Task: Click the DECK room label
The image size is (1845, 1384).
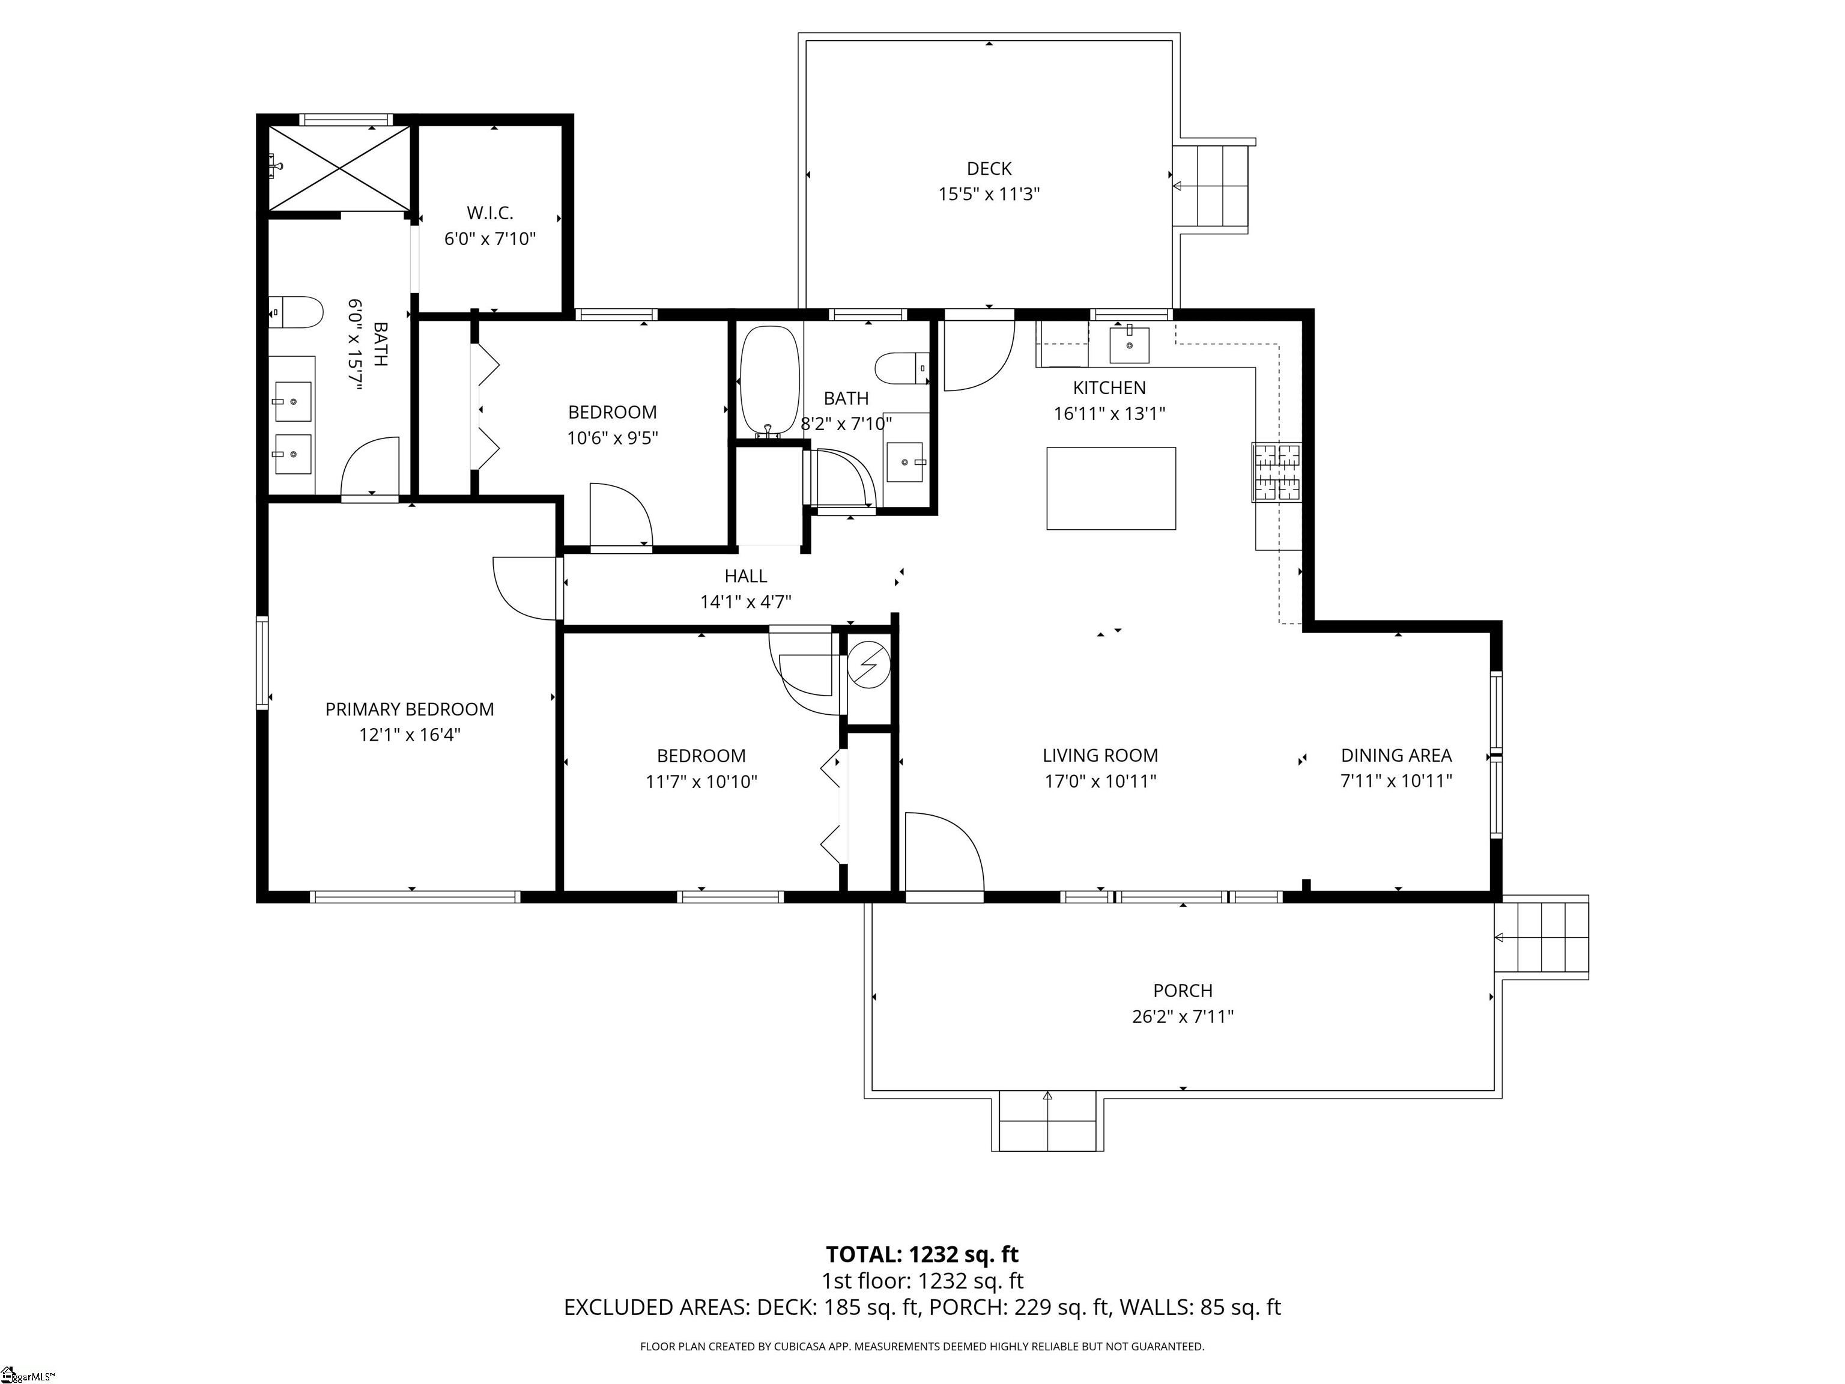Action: point(989,169)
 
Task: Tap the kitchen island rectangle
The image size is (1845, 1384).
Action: point(1111,488)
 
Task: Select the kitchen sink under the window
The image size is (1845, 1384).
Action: point(1129,345)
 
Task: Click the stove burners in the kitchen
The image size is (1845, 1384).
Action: point(1276,472)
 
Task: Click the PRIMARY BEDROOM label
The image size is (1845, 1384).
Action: point(410,709)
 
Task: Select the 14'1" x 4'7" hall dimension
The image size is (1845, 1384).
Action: point(746,601)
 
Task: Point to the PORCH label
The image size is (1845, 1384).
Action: point(1183,990)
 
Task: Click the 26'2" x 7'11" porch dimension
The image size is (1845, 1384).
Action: point(1183,1016)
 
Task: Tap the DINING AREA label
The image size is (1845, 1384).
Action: point(1396,755)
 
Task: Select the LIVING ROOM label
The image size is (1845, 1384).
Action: point(1100,755)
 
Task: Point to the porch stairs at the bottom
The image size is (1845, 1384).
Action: point(1047,1121)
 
